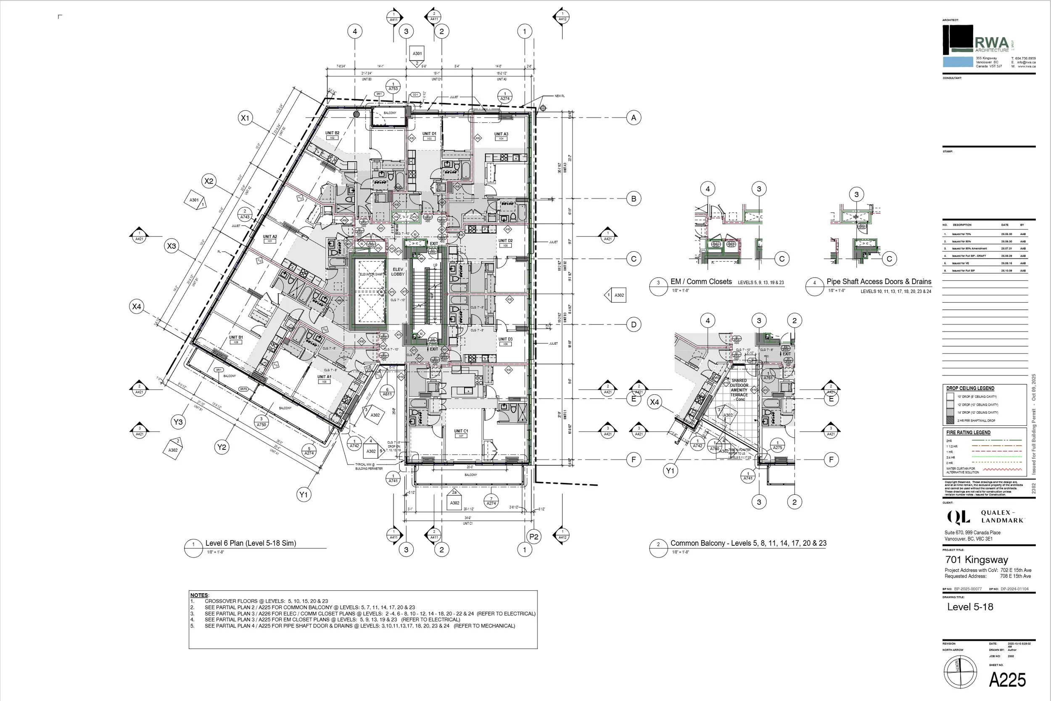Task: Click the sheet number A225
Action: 1007,680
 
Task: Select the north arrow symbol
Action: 960,672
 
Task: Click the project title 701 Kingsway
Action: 977,560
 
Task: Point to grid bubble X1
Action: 245,118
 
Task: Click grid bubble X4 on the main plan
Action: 137,307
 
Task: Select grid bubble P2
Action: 534,536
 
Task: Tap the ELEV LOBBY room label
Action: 398,272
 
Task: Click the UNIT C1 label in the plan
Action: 461,431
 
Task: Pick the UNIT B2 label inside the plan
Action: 332,133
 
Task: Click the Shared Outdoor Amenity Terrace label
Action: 739,390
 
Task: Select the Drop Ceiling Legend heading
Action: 970,388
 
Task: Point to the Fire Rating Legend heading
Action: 968,432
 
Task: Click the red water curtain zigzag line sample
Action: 1002,470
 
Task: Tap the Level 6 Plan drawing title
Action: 251,543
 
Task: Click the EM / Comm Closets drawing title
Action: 701,281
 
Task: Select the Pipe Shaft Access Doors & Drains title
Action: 879,281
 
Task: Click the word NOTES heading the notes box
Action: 199,595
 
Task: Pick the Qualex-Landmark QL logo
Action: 959,517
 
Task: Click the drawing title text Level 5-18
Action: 970,607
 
